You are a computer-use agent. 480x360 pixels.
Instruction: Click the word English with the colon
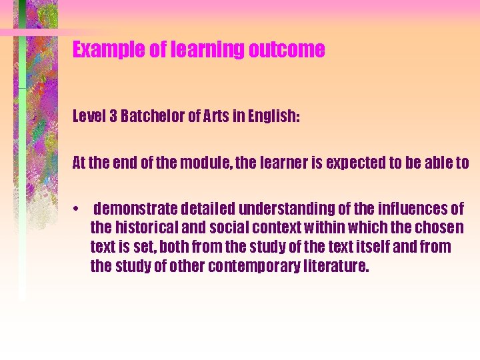click(x=272, y=117)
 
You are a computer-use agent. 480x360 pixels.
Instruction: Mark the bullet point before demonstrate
click(x=78, y=209)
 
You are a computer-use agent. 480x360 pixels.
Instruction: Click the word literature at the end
click(x=336, y=267)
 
